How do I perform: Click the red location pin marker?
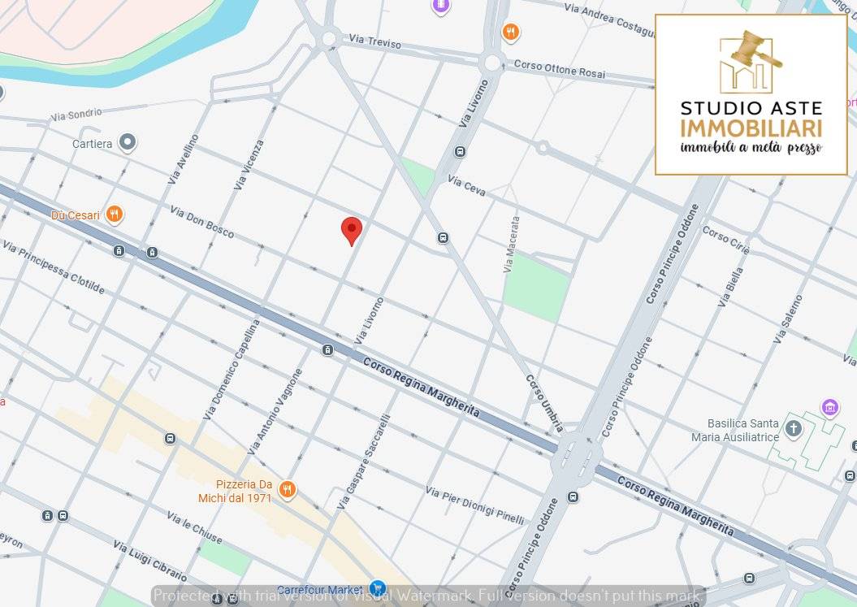point(351,230)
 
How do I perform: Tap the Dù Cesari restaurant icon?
point(115,215)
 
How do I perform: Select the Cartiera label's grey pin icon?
point(128,143)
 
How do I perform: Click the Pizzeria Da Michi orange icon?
point(287,490)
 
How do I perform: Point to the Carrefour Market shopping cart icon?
point(377,587)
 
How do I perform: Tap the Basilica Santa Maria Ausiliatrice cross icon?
point(793,427)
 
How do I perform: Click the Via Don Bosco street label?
point(202,221)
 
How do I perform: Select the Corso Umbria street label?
point(544,403)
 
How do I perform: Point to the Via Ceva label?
point(467,185)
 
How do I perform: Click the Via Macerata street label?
point(511,244)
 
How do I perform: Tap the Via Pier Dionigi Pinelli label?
point(475,505)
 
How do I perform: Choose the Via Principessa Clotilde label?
point(53,267)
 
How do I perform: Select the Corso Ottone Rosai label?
point(560,69)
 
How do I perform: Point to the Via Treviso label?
point(374,41)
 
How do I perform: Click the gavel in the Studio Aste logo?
point(754,49)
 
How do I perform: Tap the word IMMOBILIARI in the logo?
point(751,128)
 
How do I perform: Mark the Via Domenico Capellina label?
point(232,368)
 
